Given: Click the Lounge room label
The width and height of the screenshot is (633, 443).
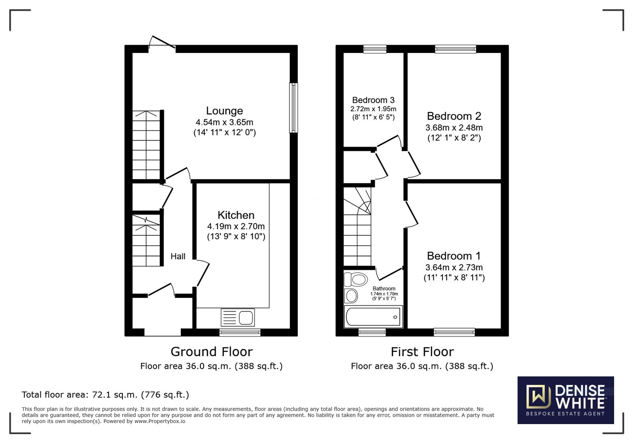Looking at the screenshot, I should click(x=224, y=111).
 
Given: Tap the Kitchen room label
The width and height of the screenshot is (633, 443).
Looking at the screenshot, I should click(x=236, y=215).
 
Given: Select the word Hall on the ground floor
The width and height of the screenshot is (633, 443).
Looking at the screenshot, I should click(x=178, y=256).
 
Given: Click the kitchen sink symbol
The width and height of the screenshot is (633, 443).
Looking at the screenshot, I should click(x=238, y=317).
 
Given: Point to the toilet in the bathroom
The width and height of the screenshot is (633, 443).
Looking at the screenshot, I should click(x=355, y=280).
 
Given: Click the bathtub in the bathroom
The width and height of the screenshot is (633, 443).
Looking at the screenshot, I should click(x=373, y=317).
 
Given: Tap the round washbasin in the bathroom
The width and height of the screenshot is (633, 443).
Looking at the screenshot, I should click(x=351, y=295).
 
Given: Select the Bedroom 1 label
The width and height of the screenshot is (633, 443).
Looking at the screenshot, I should click(x=454, y=256).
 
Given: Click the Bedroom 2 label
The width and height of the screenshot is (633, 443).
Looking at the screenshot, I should click(x=454, y=116).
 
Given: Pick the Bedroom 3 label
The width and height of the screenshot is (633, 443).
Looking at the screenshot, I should click(x=373, y=100).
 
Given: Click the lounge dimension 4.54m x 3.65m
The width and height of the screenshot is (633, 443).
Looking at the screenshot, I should click(x=224, y=122).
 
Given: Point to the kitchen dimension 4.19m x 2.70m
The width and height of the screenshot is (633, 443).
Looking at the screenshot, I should click(x=236, y=226).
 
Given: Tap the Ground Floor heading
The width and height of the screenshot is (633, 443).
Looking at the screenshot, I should click(x=211, y=352).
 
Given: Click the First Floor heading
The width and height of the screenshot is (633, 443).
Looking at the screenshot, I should click(x=422, y=352).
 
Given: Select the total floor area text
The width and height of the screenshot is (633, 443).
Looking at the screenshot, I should click(x=105, y=395).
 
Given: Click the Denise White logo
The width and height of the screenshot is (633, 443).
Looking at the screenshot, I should click(x=565, y=400).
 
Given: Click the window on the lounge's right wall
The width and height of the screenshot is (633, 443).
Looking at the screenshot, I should click(x=293, y=108).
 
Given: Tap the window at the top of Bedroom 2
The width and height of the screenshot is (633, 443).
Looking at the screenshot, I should click(x=455, y=49).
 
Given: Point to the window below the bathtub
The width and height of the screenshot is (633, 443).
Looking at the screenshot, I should click(x=372, y=332).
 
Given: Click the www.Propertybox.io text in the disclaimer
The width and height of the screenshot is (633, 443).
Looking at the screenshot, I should click(x=159, y=421).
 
